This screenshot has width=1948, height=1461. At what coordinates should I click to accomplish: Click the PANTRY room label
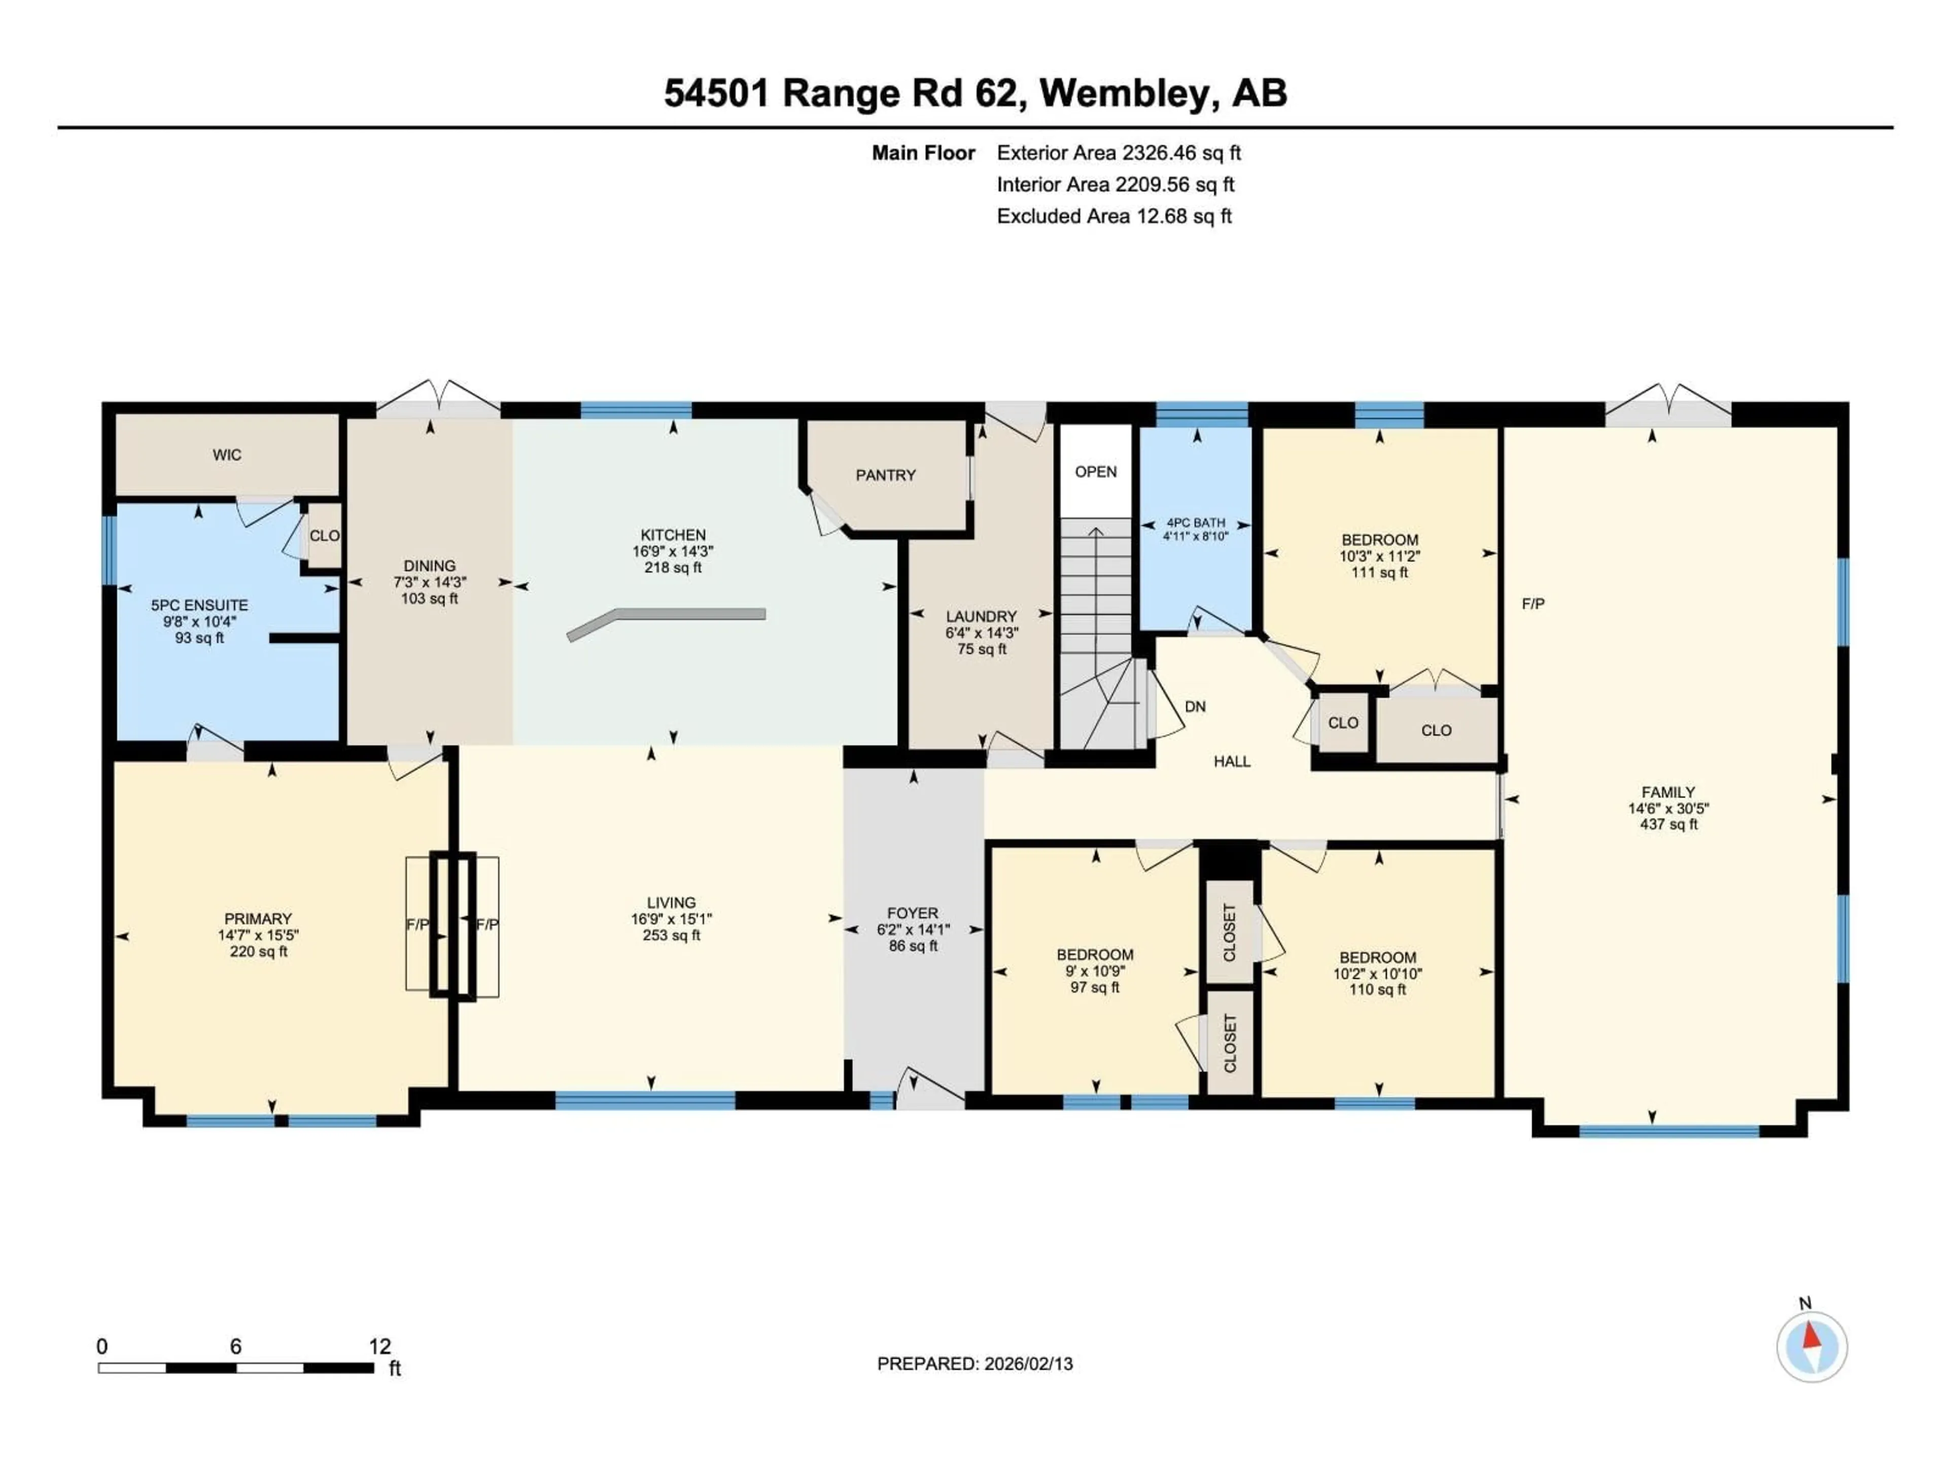[885, 475]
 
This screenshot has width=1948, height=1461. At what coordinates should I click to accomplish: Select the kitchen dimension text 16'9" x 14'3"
[673, 551]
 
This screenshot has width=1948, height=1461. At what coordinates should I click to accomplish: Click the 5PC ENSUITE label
[199, 606]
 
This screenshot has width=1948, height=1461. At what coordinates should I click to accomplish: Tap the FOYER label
[912, 913]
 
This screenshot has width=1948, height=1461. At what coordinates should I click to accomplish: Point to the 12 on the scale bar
[379, 1346]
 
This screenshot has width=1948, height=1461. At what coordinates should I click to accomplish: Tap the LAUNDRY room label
[981, 616]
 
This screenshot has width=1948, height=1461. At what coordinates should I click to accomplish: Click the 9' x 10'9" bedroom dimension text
[1095, 971]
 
